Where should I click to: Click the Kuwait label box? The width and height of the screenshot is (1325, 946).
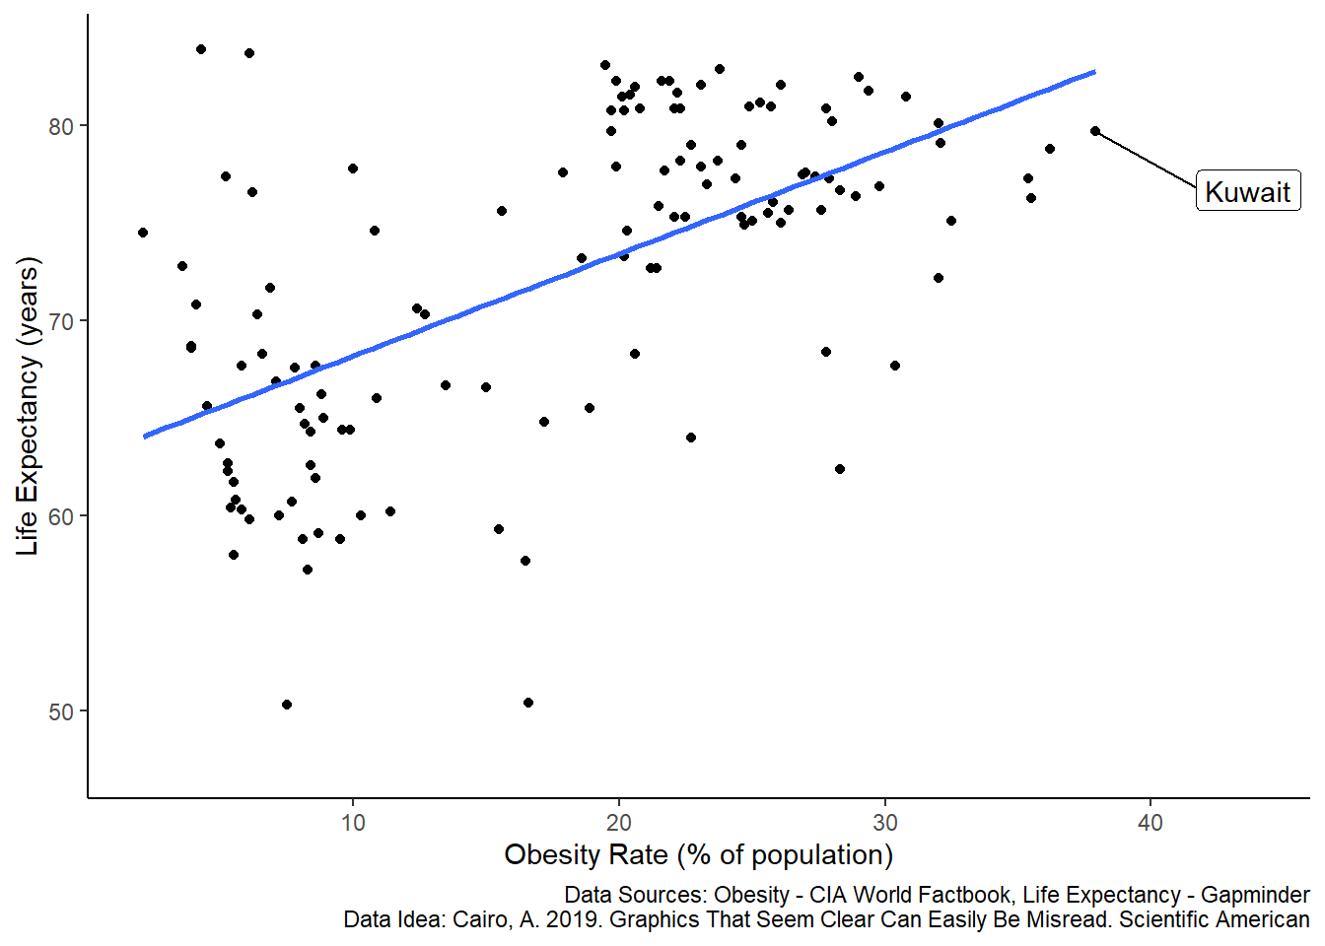(1248, 191)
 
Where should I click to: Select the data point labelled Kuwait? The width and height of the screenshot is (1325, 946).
(1095, 131)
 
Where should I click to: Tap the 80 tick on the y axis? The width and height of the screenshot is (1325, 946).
(61, 126)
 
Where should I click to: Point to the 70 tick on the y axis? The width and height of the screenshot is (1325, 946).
(61, 321)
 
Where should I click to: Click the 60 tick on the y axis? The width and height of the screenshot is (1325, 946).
(61, 516)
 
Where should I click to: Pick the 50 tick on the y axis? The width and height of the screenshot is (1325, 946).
(61, 711)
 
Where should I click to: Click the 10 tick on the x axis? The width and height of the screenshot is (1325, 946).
(353, 823)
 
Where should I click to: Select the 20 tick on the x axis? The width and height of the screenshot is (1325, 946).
(619, 823)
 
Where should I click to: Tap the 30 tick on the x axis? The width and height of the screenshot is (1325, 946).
(884, 823)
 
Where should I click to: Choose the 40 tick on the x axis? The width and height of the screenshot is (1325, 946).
(1151, 823)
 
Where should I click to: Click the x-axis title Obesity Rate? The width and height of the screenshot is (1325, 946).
(698, 854)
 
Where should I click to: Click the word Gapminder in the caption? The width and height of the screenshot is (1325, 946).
(1255, 895)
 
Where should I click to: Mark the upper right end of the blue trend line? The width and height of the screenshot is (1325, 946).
(1094, 72)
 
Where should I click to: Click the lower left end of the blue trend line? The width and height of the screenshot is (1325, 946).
(145, 436)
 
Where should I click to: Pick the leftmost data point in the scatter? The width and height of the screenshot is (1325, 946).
(143, 233)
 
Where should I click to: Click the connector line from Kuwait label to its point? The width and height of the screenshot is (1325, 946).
(1146, 159)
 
